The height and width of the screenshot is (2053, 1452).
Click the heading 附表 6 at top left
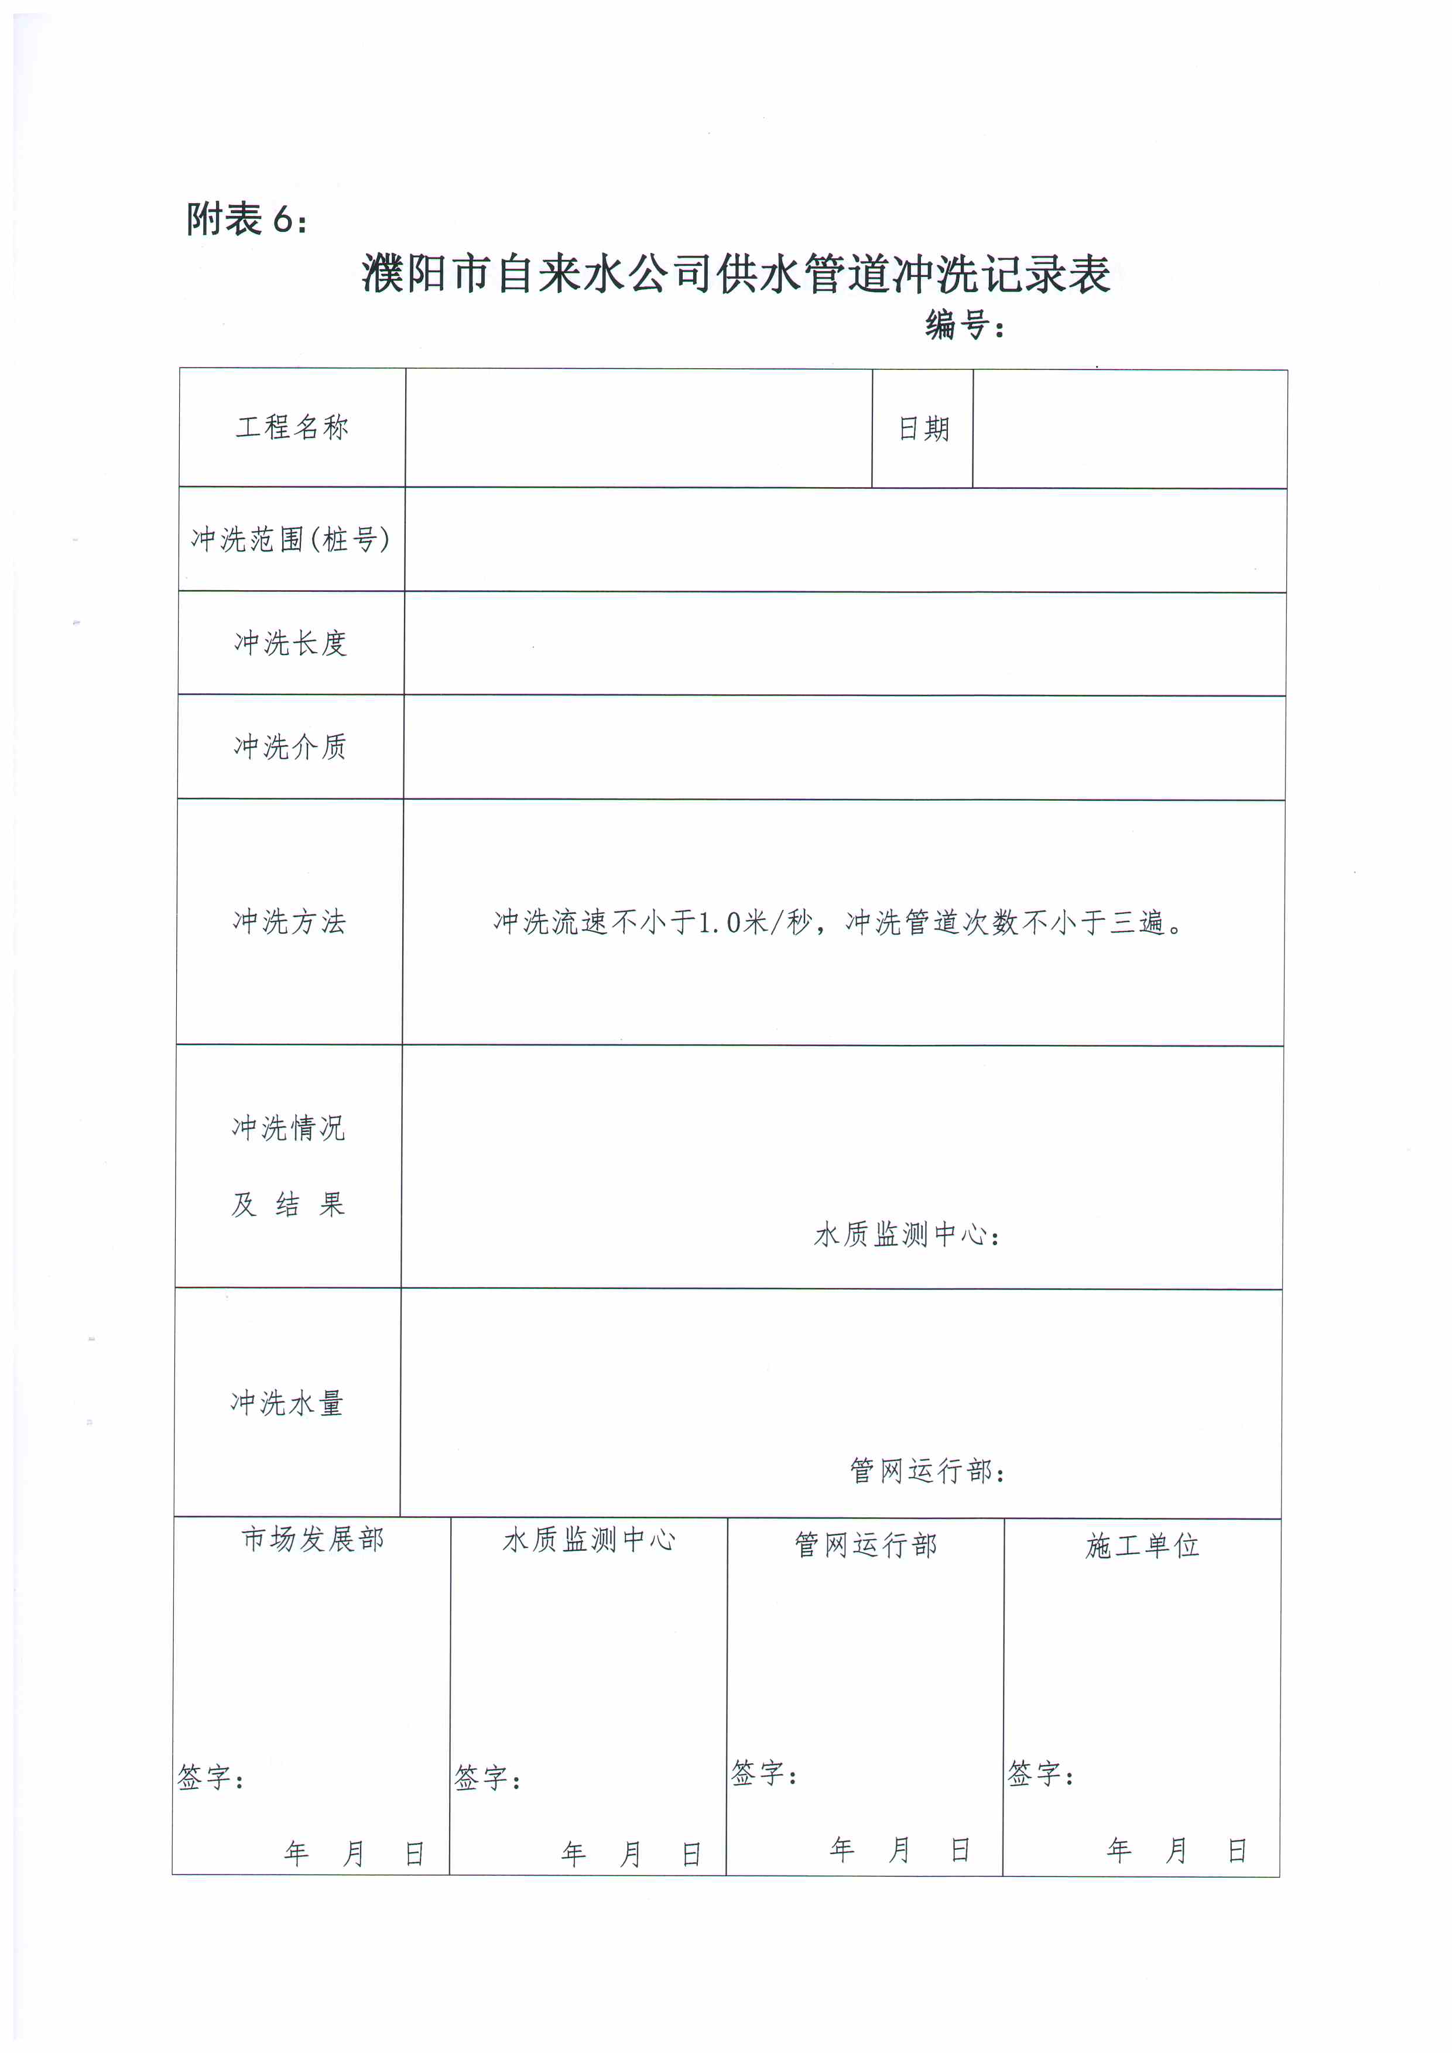pos(246,219)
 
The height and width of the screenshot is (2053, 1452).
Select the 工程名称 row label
pos(292,427)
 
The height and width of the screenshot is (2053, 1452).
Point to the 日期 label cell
pos(923,429)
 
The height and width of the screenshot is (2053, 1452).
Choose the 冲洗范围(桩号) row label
pos(290,539)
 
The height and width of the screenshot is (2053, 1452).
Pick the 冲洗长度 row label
pos(290,643)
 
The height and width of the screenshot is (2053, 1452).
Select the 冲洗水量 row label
pos(287,1403)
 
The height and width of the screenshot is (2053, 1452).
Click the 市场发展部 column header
pos(312,1539)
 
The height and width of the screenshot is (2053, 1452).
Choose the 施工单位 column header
pos(1142,1545)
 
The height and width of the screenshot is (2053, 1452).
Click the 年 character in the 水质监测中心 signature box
pos(573,1855)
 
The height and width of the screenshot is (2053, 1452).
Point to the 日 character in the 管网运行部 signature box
pos(960,1850)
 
